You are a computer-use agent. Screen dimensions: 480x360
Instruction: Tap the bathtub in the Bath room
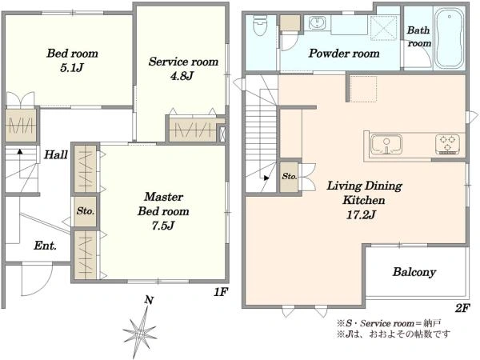tap(450, 38)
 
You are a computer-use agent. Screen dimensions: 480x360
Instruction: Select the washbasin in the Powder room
tap(317, 23)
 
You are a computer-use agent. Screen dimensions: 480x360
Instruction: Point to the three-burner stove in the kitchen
tap(447, 144)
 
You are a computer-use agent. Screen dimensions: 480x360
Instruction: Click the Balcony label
tap(414, 272)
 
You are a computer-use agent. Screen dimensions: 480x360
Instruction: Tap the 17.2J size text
tap(361, 215)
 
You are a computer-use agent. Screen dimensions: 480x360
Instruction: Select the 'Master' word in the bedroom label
tap(164, 197)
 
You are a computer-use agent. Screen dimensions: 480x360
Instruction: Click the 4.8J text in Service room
tap(182, 76)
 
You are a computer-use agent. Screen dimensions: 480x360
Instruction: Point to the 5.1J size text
tap(72, 67)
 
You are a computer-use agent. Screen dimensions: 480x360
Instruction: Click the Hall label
tap(55, 154)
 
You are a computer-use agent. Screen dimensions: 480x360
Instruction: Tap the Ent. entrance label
tap(46, 246)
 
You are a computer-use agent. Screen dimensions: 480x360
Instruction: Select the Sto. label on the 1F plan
tap(86, 211)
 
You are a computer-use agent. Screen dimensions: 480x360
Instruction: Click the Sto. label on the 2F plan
tap(290, 176)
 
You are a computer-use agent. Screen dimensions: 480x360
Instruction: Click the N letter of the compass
tap(149, 300)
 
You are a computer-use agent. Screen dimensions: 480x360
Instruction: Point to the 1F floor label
tap(221, 292)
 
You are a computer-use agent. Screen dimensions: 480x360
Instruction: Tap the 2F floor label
tap(462, 308)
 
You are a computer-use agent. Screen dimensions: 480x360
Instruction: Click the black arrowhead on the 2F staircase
tap(266, 178)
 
